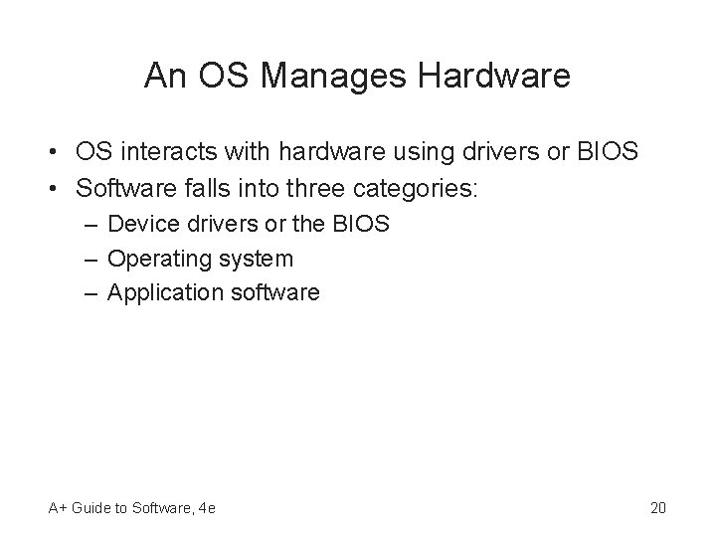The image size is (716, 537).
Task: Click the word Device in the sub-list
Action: pyautogui.click(x=138, y=224)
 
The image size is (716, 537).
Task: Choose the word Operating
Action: pyautogui.click(x=152, y=260)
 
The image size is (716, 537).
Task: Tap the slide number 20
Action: pyautogui.click(x=657, y=509)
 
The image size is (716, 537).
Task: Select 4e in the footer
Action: pyautogui.click(x=208, y=509)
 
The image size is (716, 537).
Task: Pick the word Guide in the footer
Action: pyautogui.click(x=91, y=509)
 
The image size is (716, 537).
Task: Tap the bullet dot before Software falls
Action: pyautogui.click(x=48, y=189)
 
